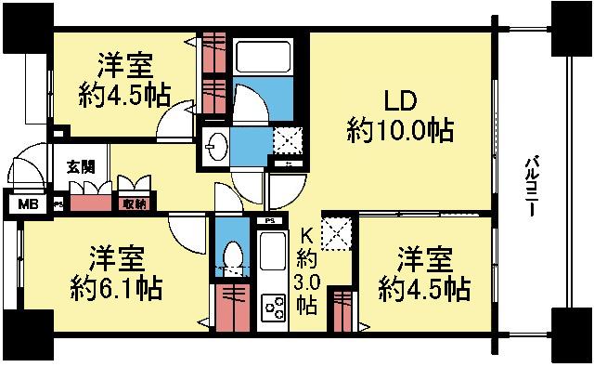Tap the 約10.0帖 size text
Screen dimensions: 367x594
tap(400, 130)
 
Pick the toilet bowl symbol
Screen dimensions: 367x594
tap(231, 253)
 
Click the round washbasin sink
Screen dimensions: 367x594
tap(219, 147)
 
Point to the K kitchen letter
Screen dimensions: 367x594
tap(306, 236)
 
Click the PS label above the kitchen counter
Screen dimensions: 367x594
tap(270, 220)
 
